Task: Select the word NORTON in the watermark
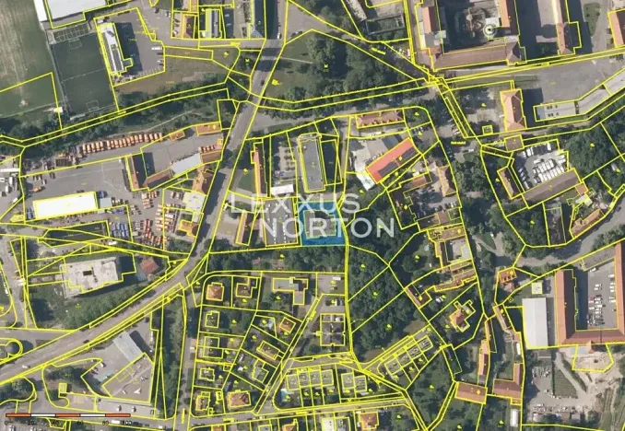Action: click(x=327, y=226)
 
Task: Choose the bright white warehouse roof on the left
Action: click(x=65, y=204)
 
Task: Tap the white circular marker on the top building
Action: click(x=489, y=29)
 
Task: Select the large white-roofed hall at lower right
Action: click(x=535, y=321)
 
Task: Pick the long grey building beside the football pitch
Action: click(x=112, y=48)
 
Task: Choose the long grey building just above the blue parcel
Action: click(x=312, y=162)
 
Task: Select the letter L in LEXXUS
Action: click(x=237, y=203)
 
